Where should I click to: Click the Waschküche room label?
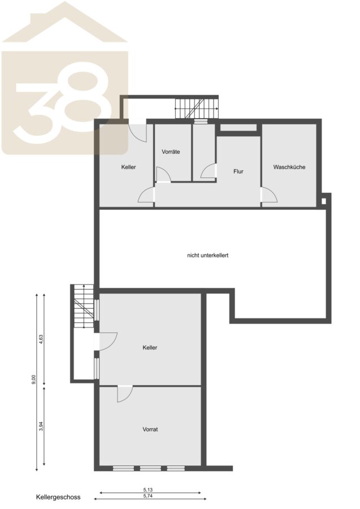289,167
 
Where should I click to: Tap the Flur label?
238,171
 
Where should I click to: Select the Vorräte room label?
171,152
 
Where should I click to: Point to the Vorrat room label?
150,429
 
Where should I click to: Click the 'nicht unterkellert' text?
208,256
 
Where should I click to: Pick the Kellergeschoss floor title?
58,497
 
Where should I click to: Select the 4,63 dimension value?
41,339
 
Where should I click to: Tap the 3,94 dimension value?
41,426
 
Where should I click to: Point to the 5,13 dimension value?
148,490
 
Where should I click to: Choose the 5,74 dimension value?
148,495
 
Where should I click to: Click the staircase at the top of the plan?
197,109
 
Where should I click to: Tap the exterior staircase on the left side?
83,306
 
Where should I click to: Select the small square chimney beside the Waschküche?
324,201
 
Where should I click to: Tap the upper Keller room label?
128,167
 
